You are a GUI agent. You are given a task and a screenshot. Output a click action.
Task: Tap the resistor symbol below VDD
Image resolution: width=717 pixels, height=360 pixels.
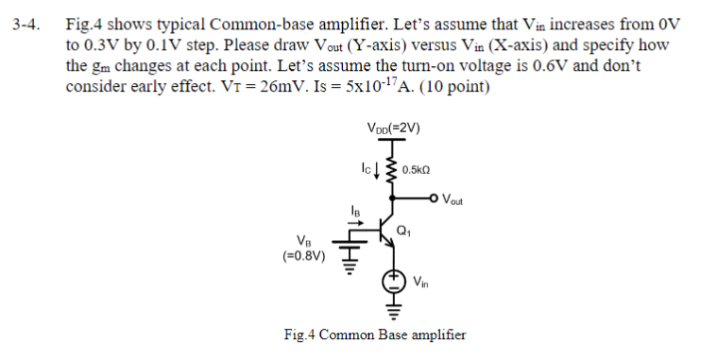[x=394, y=168]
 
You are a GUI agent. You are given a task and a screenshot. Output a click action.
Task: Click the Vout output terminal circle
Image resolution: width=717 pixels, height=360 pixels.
[x=436, y=198]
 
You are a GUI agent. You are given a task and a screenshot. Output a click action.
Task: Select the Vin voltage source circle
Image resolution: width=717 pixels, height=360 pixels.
[x=394, y=281]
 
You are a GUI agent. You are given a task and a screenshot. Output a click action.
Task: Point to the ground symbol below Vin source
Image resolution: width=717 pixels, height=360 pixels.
[x=394, y=308]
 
